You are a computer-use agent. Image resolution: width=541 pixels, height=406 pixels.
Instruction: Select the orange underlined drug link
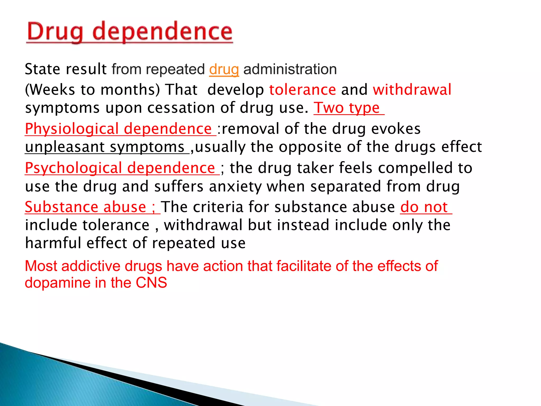[224, 70]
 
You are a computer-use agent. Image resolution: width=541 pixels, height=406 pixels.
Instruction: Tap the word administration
[290, 70]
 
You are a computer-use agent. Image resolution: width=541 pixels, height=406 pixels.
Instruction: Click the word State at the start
[42, 70]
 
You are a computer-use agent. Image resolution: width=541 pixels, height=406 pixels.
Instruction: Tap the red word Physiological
[72, 129]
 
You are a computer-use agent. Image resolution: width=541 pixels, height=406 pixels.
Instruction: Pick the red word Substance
[61, 207]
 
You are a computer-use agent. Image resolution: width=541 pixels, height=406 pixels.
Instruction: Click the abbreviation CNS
[151, 283]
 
